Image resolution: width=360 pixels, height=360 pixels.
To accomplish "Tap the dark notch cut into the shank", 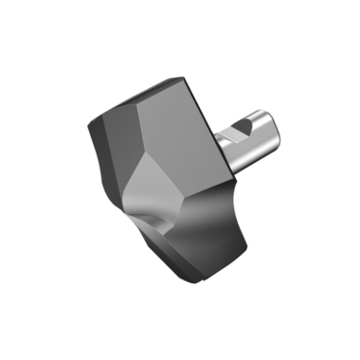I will click(243, 126).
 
